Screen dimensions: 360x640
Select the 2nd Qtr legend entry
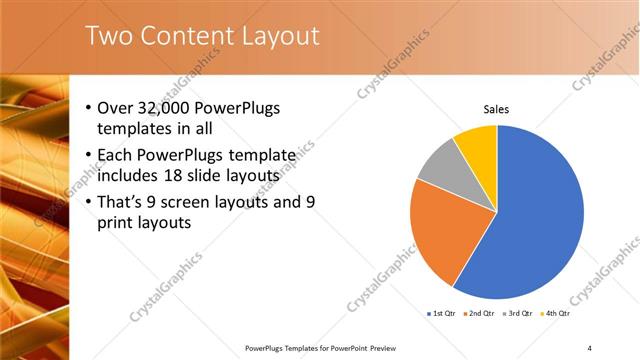(480, 314)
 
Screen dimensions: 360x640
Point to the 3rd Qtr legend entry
(518, 314)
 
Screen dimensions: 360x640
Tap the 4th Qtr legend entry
(556, 314)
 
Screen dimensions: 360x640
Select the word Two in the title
(107, 36)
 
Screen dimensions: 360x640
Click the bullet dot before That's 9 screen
(89, 202)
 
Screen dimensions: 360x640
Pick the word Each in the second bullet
(115, 155)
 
